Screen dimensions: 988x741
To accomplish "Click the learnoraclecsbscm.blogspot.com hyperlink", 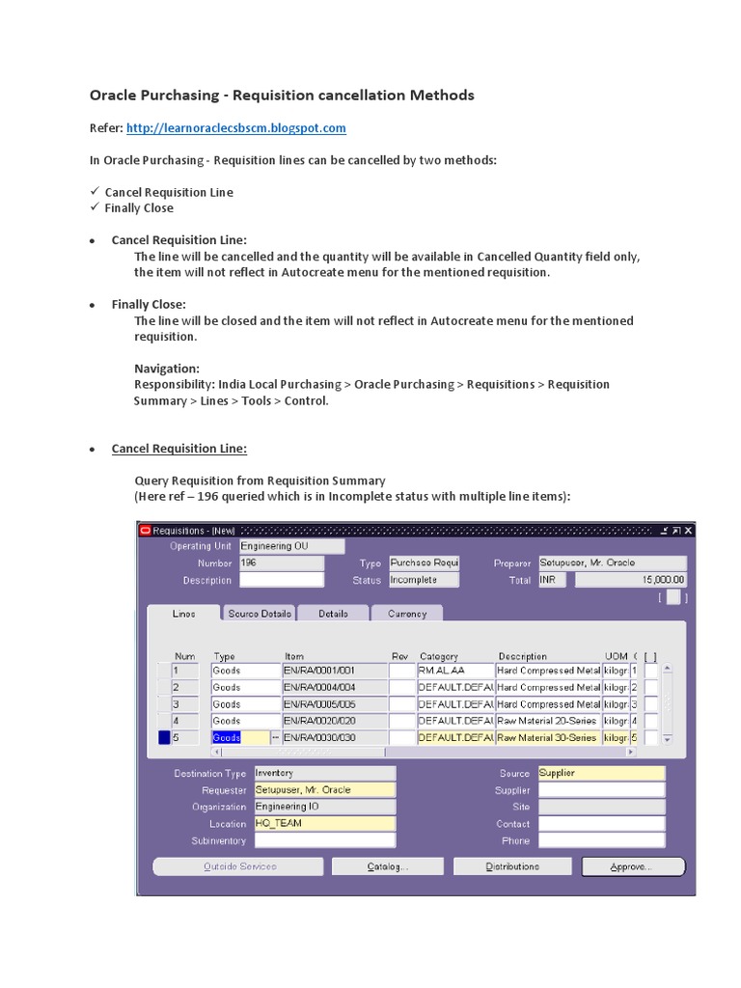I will pyautogui.click(x=236, y=127).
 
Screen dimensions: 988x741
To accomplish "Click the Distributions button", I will pyautogui.click(x=512, y=866).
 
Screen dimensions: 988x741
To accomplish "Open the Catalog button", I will pyautogui.click(x=388, y=866).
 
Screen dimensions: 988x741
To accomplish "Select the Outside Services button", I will pyautogui.click(x=239, y=866).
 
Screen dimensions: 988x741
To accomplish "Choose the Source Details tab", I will pyautogui.click(x=259, y=614).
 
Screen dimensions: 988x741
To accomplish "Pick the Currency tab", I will pyautogui.click(x=407, y=614).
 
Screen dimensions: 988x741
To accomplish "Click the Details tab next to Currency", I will pyautogui.click(x=333, y=614).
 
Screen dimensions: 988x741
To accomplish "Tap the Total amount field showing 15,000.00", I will pyautogui.click(x=631, y=580).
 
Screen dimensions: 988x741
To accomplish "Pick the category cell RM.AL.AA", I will pyautogui.click(x=454, y=671).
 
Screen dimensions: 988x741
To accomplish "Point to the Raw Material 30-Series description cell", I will pyautogui.click(x=547, y=738).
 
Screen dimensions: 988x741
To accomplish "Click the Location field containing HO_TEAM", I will pyautogui.click(x=323, y=824).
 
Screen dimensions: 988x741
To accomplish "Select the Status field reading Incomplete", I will pyautogui.click(x=423, y=580).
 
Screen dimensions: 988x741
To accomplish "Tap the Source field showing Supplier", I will pyautogui.click(x=601, y=773).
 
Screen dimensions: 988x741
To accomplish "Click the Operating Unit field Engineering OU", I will pyautogui.click(x=291, y=546).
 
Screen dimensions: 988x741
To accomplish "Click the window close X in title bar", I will pyautogui.click(x=688, y=530).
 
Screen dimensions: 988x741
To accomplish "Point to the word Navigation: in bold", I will pyautogui.click(x=167, y=369).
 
